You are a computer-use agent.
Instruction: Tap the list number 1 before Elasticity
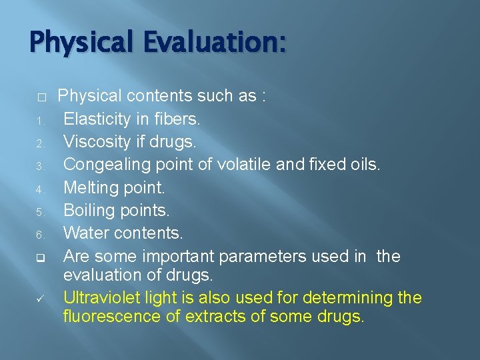tap(40, 121)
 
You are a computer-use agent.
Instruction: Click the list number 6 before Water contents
tap(40, 235)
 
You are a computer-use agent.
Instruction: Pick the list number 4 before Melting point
tap(40, 189)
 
